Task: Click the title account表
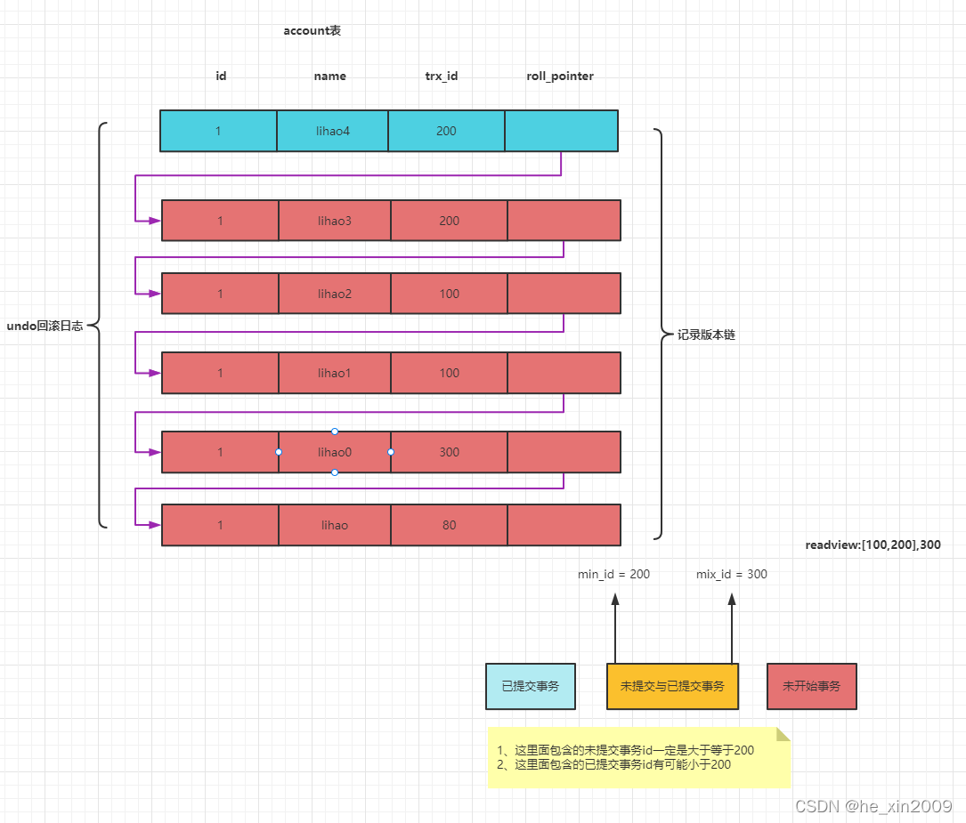[x=312, y=31]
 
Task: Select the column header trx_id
[x=441, y=77]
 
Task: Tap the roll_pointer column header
[x=560, y=77]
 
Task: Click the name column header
[x=329, y=77]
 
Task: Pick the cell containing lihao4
[x=332, y=131]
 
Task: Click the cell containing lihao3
[x=334, y=221]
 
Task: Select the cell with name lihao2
[x=334, y=294]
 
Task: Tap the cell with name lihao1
[x=334, y=373]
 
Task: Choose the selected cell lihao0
[x=334, y=452]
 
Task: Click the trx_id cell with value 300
[x=449, y=452]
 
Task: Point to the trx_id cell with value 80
[x=449, y=525]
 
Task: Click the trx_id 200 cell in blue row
[x=446, y=131]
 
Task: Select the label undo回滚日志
[x=45, y=327]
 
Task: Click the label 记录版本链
[x=706, y=335]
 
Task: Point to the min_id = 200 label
[x=613, y=575]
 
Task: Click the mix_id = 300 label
[x=731, y=575]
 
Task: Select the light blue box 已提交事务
[x=531, y=686]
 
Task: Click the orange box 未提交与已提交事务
[x=672, y=686]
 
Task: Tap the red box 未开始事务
[x=811, y=686]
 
